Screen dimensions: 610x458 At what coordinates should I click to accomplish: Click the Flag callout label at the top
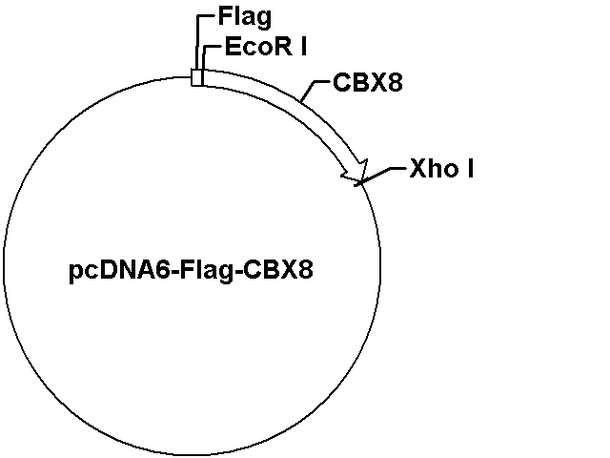(x=245, y=17)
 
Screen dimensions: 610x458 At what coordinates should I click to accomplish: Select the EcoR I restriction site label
(x=266, y=47)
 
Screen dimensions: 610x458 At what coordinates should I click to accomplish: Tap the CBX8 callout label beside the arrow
(x=368, y=83)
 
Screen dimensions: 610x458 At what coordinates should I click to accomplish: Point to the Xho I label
(x=441, y=169)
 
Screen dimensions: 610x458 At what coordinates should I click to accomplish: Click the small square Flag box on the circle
(x=197, y=77)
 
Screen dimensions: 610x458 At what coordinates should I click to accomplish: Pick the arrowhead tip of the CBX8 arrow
(x=360, y=181)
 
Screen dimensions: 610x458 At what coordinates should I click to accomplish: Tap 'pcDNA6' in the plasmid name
(x=120, y=271)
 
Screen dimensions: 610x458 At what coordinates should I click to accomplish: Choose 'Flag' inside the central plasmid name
(x=210, y=271)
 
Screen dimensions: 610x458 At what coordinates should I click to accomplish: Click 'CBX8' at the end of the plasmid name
(x=278, y=269)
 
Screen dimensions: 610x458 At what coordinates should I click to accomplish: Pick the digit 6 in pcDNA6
(x=163, y=269)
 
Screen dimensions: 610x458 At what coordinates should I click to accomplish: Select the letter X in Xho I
(x=418, y=169)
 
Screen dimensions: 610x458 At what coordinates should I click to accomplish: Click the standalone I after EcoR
(x=303, y=47)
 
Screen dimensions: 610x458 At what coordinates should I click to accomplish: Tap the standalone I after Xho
(x=470, y=169)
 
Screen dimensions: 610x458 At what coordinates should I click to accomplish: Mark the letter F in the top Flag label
(x=226, y=16)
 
